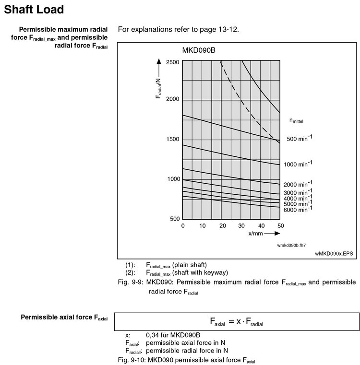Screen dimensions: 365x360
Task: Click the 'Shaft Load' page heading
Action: tap(34, 9)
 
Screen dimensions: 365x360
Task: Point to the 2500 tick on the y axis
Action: tap(173, 62)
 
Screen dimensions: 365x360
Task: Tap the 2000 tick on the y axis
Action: tap(173, 99)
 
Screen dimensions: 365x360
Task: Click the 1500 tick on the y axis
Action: tap(173, 140)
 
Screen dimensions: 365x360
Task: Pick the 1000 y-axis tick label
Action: tap(173, 179)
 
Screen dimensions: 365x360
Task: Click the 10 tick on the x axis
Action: tap(202, 225)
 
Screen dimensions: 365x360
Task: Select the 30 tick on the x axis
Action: tap(241, 225)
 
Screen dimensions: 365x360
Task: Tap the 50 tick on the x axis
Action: tap(281, 225)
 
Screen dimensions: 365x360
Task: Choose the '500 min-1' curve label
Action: tap(300, 139)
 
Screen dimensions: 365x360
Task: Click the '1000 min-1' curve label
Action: tap(298, 164)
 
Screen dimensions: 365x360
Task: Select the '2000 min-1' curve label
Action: tap(298, 184)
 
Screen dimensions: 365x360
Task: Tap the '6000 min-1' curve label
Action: tap(298, 209)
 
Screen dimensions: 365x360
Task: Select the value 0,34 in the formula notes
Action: tap(153, 335)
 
